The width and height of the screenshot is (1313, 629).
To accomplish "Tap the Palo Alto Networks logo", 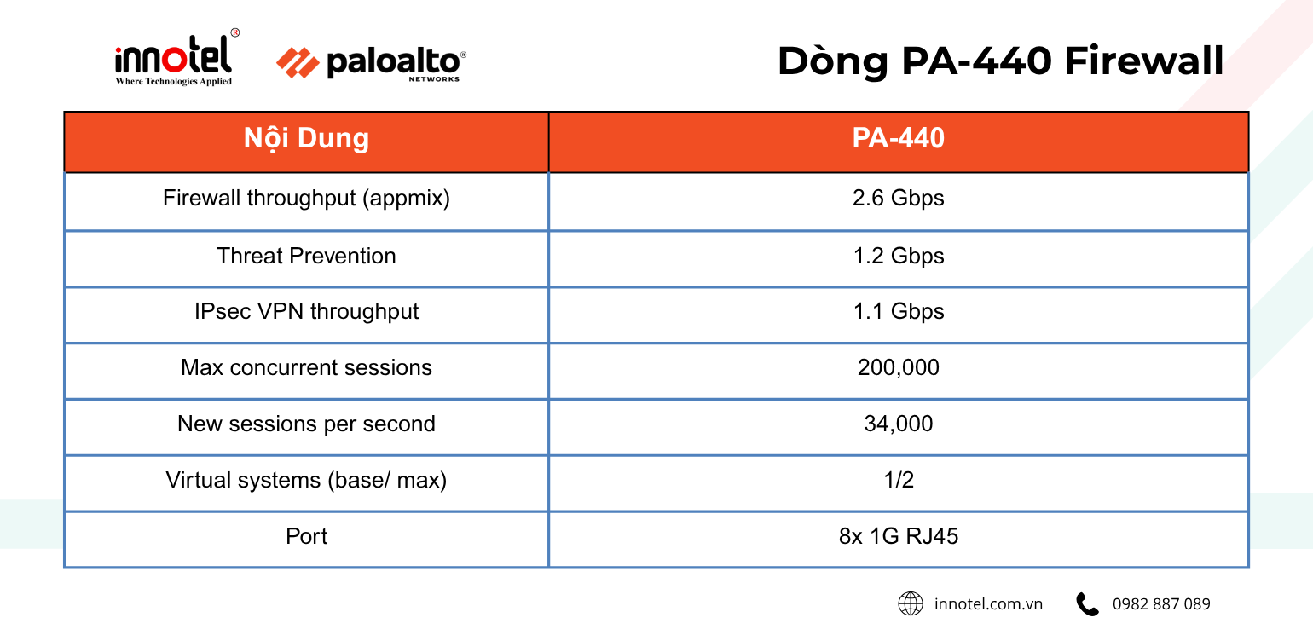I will click(x=372, y=64).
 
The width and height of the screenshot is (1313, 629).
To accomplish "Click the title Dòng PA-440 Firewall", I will click(x=1000, y=61).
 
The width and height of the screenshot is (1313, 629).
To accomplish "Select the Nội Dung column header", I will click(x=306, y=138).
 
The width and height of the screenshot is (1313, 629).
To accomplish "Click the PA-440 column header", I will click(x=898, y=138).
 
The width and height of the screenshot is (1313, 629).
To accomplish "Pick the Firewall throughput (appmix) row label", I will click(x=306, y=199).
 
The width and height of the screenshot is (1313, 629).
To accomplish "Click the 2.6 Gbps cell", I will click(x=898, y=199).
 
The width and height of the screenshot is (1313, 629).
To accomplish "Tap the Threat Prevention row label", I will click(x=306, y=256).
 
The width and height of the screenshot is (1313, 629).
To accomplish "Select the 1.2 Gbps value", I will click(x=898, y=256).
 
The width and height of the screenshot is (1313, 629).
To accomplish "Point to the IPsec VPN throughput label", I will click(x=306, y=311).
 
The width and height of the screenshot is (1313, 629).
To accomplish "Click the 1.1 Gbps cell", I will click(x=898, y=311).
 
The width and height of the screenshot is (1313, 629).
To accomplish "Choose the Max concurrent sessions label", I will click(x=306, y=367).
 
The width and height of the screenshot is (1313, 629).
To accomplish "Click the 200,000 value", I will click(x=898, y=367).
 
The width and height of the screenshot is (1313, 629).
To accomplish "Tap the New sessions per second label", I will click(x=306, y=424).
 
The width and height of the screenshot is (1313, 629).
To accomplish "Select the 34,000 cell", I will click(x=898, y=424).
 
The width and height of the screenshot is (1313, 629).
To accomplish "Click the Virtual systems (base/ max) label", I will click(x=306, y=480).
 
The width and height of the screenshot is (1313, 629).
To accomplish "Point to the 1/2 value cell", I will click(x=898, y=480).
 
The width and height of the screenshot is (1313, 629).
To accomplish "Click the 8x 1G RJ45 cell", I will click(x=898, y=536).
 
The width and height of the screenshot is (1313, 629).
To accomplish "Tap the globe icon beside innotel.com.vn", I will click(x=911, y=603).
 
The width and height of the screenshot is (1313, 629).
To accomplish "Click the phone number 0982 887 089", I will click(x=1160, y=603).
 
